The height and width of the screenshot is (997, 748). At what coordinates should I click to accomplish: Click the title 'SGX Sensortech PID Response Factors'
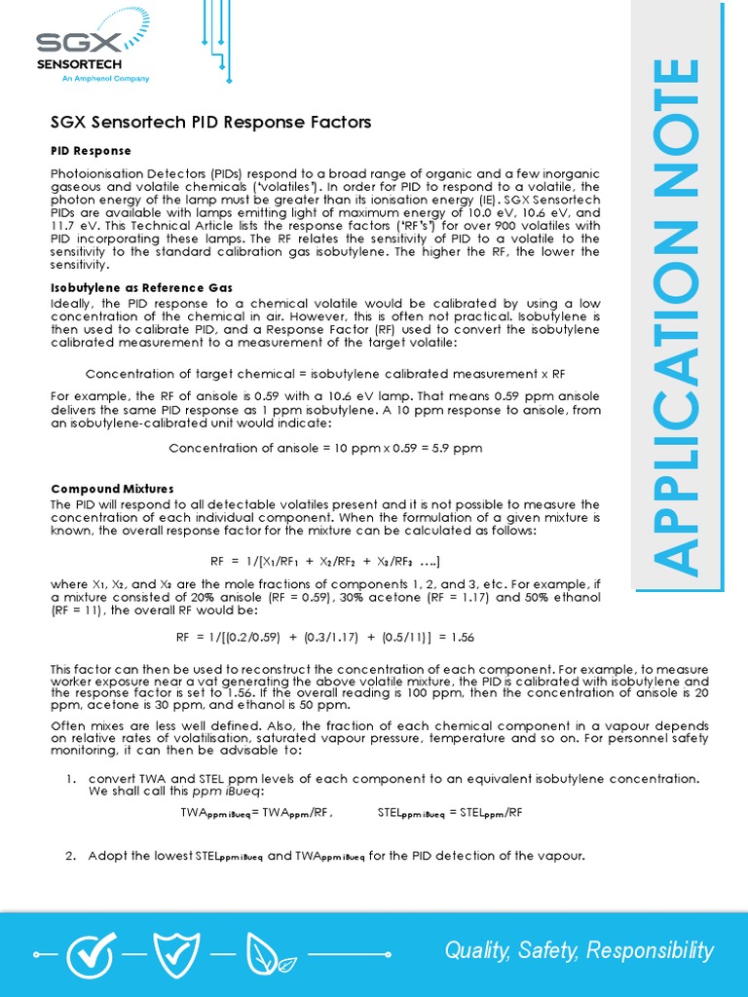[x=210, y=123]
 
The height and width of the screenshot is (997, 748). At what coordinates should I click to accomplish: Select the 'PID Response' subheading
[x=91, y=151]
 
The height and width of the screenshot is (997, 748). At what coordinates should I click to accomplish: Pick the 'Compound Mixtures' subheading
[x=112, y=488]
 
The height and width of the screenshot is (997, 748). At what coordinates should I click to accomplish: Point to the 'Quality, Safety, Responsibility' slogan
[x=579, y=950]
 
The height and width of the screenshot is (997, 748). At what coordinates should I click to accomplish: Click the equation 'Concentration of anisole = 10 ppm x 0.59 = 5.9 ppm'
[x=325, y=448]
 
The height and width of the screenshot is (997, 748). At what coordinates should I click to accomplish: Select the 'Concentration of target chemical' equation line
[x=325, y=374]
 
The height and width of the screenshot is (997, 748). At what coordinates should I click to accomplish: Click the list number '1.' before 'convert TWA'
[x=70, y=779]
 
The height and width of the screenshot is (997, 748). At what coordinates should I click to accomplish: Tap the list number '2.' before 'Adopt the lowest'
[x=70, y=856]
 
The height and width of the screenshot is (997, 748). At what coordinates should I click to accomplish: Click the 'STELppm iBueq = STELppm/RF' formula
[x=449, y=812]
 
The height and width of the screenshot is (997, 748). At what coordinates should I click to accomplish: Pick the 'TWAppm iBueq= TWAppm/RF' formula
[x=257, y=812]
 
